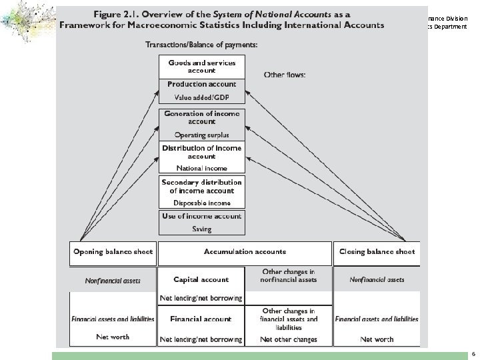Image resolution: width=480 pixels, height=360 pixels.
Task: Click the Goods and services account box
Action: click(x=201, y=66)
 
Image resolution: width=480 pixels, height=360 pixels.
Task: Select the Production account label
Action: click(x=201, y=84)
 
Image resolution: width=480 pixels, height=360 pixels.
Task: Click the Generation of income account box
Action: click(x=201, y=117)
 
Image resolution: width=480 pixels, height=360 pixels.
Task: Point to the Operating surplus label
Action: click(x=201, y=134)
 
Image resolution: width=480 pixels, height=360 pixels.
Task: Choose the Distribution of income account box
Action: click(x=201, y=151)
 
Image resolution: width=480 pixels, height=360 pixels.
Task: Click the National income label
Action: click(x=201, y=168)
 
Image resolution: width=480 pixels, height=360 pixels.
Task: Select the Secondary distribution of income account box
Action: click(x=201, y=186)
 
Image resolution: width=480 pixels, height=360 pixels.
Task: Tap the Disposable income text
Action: click(x=201, y=203)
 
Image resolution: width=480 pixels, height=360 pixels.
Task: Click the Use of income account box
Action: click(x=201, y=216)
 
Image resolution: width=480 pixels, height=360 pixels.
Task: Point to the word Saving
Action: click(x=201, y=229)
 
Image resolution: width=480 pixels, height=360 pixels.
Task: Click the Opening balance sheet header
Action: click(x=113, y=252)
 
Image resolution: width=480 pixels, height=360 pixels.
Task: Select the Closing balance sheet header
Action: click(x=377, y=252)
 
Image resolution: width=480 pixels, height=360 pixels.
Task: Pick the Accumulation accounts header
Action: click(x=245, y=252)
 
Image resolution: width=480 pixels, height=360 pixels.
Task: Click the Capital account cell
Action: click(x=201, y=280)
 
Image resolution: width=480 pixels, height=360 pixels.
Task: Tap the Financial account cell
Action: click(x=201, y=319)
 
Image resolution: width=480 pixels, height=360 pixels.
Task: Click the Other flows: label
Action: click(x=285, y=75)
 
